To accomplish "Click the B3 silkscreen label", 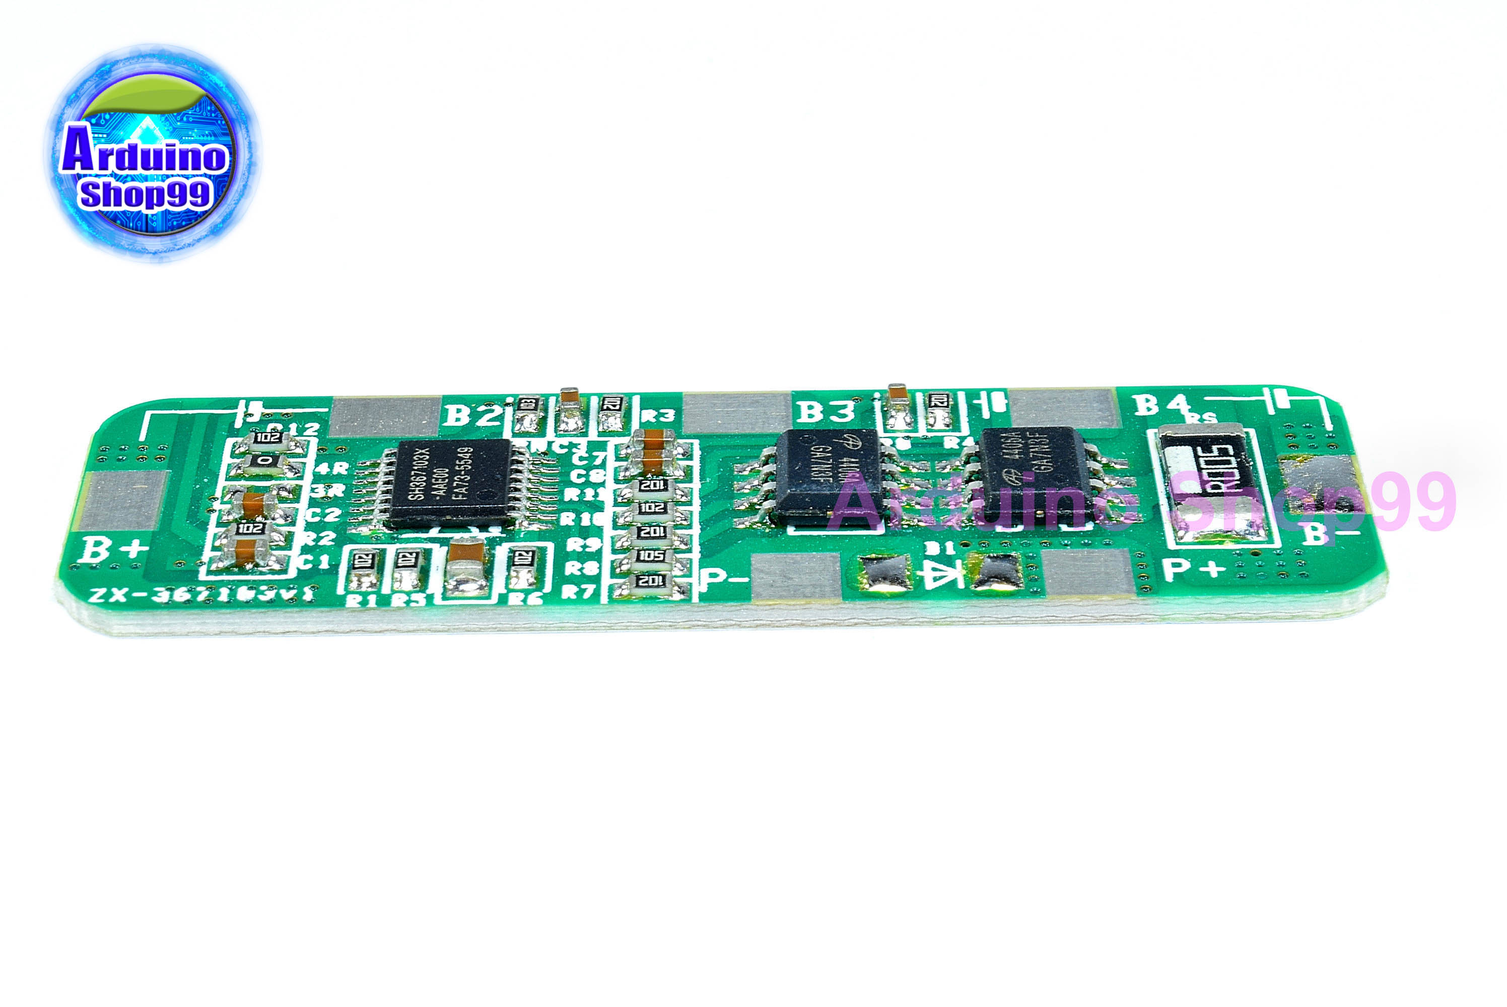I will click(x=826, y=411).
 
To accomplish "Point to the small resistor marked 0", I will click(x=264, y=461).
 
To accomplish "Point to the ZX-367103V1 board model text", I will click(x=202, y=595).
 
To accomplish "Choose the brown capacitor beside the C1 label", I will click(x=247, y=552).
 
